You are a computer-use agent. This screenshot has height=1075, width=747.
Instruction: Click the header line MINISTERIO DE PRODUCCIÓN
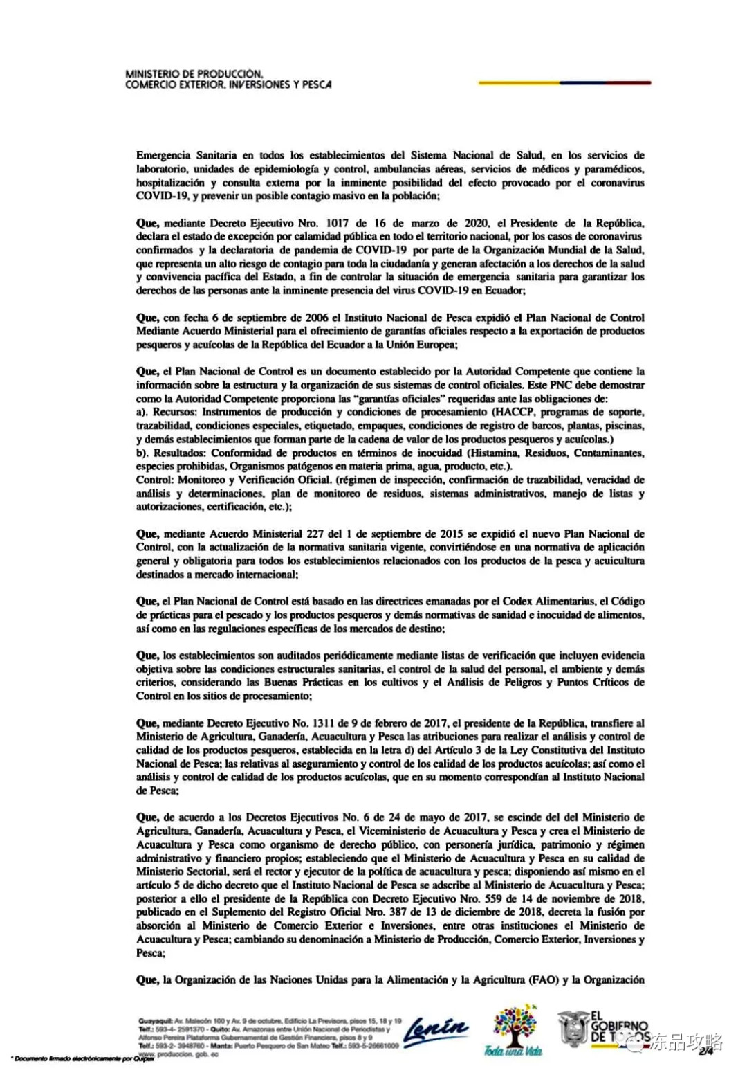click(194, 73)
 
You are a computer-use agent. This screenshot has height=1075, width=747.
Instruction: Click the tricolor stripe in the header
click(564, 83)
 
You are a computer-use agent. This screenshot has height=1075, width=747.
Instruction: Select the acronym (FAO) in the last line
click(543, 979)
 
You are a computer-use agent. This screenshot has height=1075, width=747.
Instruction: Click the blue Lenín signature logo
click(435, 1031)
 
